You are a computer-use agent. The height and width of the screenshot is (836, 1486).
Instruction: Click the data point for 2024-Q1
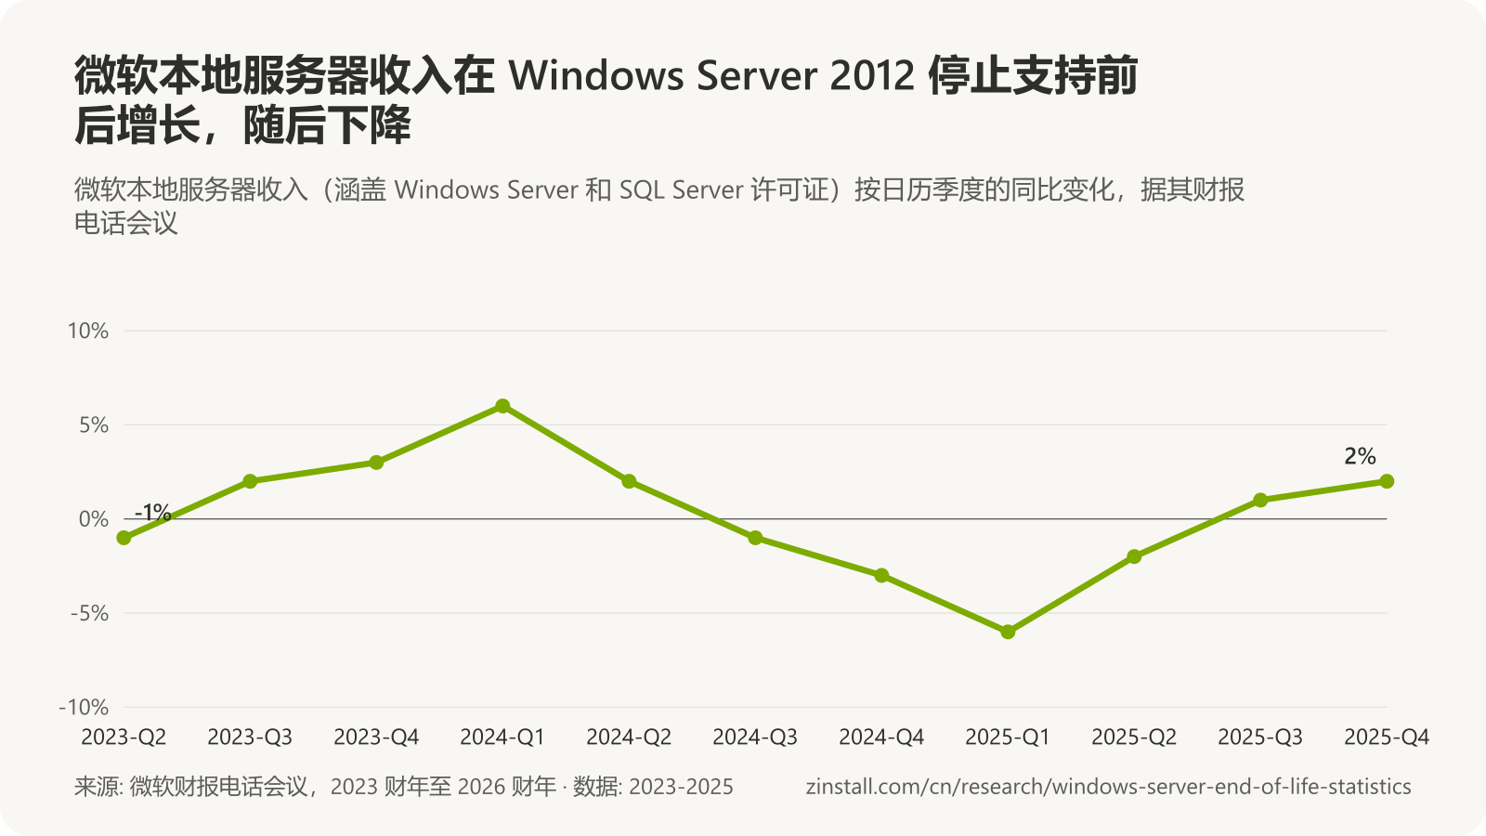pos(502,406)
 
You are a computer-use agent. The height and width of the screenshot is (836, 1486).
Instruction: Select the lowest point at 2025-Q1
pos(1008,633)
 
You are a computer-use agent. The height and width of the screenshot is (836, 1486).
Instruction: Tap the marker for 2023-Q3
pos(250,481)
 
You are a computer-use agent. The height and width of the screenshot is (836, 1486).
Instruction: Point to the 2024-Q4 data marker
pos(881,575)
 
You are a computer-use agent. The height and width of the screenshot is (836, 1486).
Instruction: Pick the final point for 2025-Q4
pos(1387,481)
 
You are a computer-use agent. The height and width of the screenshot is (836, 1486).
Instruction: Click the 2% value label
pos(1360,456)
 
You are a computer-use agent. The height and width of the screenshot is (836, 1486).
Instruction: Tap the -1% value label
pos(152,512)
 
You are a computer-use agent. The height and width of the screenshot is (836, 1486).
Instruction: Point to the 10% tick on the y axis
pos(88,331)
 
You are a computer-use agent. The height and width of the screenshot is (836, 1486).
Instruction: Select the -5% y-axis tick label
pos(89,613)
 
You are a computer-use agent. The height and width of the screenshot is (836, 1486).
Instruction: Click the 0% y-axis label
pos(94,519)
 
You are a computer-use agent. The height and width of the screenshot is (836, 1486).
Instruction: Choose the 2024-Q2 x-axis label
pos(629,737)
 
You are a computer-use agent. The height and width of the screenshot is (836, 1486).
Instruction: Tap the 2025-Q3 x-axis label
pos(1260,737)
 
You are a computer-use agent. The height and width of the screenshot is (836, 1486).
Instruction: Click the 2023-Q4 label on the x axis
pos(376,737)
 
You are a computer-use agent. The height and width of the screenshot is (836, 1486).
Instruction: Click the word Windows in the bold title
pos(596,75)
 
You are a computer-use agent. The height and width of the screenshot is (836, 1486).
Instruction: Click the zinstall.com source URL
pos(1109,786)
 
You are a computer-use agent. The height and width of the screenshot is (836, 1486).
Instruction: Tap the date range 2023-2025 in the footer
pos(682,786)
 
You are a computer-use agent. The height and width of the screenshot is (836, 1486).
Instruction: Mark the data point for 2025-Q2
pos(1134,556)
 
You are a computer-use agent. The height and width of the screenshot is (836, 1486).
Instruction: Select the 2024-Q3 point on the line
pos(755,538)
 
